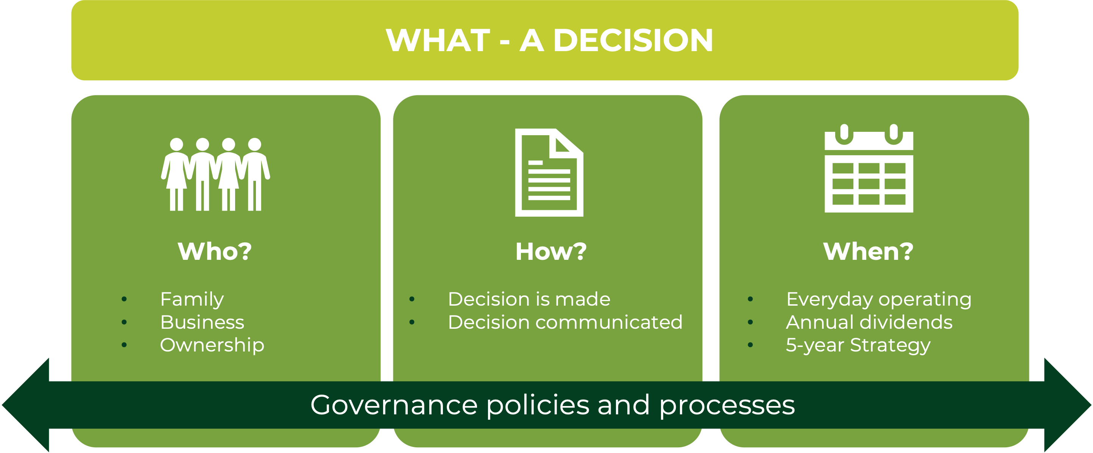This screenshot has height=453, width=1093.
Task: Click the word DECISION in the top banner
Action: coord(633,41)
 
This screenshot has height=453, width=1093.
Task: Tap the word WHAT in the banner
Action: coord(438,41)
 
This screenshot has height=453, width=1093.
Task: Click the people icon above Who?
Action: coord(215,174)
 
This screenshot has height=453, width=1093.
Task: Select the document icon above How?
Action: coord(549,172)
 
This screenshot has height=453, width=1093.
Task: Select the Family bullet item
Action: coord(192,300)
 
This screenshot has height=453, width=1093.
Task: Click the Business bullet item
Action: coord(202,323)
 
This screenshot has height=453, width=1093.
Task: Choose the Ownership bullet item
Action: coord(212,345)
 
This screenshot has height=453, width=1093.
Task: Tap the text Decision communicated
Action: coord(565,323)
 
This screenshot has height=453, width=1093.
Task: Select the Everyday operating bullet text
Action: coord(878,300)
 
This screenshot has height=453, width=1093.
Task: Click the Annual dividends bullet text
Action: coord(869,323)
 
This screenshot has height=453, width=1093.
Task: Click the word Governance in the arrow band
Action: coord(394,405)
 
